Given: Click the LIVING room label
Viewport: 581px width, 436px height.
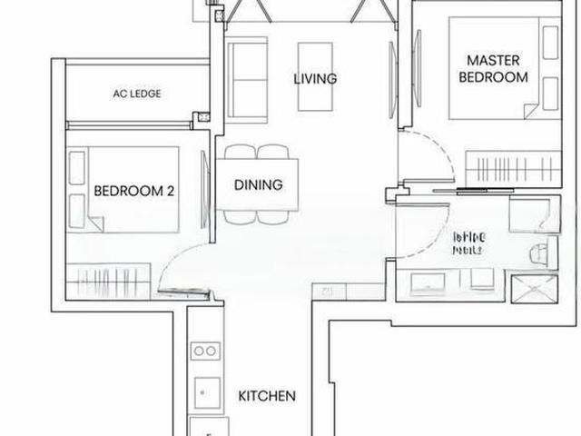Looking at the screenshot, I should coord(315,79).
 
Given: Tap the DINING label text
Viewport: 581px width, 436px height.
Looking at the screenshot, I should coord(258,184).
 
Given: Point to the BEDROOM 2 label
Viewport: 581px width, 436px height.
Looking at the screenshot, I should coord(134,192).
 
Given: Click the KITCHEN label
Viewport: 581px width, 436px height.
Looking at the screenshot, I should coord(267,396).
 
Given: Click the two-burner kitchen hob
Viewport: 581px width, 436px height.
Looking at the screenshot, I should coord(204,352).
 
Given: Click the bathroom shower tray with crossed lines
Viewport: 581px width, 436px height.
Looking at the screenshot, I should coord(534,290).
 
